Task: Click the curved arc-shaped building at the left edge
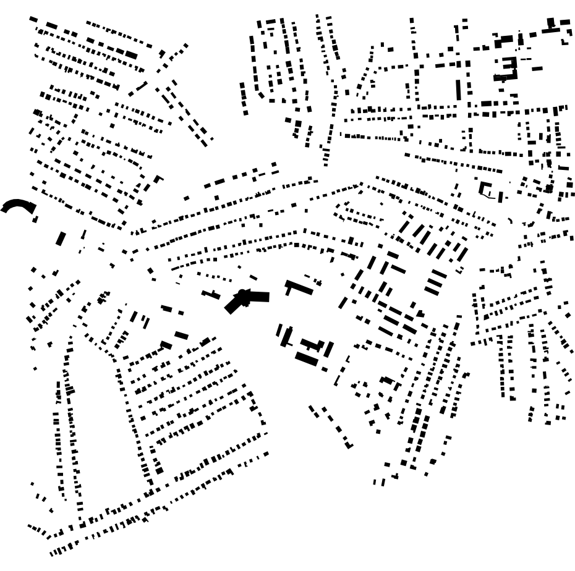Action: (17, 205)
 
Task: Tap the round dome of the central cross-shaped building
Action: (243, 293)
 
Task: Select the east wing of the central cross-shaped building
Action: (260, 297)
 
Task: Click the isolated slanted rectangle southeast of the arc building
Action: (61, 239)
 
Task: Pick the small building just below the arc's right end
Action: (35, 219)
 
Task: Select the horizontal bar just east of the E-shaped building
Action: (537, 69)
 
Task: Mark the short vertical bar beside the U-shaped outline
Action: (501, 197)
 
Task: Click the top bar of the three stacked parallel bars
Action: (438, 273)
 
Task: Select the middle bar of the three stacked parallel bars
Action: (435, 281)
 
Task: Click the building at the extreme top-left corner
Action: (33, 20)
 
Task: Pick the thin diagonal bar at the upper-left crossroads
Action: (138, 89)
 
